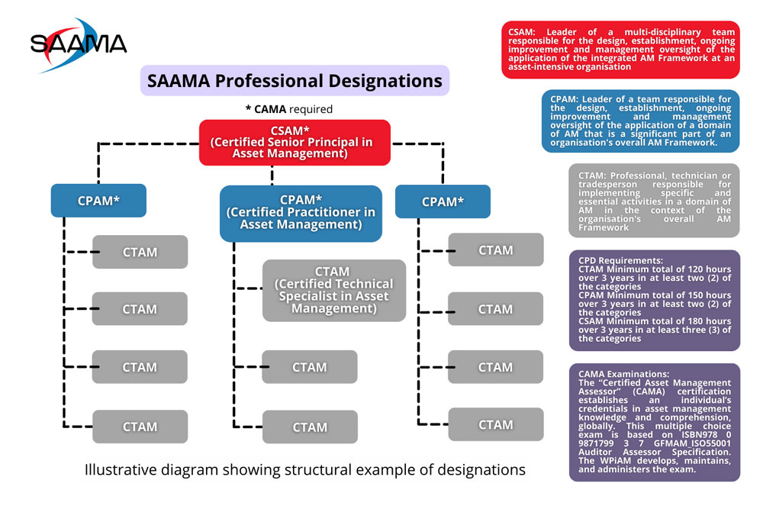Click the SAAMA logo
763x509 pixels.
79,43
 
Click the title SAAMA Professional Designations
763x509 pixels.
295,80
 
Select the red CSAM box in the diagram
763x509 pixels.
295,142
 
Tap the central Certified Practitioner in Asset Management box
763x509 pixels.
300,213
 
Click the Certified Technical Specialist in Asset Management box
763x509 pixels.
333,290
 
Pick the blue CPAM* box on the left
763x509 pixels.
98,201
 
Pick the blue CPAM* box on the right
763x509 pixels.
442,201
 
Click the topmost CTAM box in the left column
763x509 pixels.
140,252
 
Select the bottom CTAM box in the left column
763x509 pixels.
140,427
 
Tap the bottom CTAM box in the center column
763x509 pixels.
309,427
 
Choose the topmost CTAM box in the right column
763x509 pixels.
495,250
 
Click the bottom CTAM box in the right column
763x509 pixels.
495,424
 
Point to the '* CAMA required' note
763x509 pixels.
289,109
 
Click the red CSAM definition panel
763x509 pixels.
620,50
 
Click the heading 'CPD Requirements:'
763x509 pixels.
620,260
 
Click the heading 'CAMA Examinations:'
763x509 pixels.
623,374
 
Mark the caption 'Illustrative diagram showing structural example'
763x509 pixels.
304,469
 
